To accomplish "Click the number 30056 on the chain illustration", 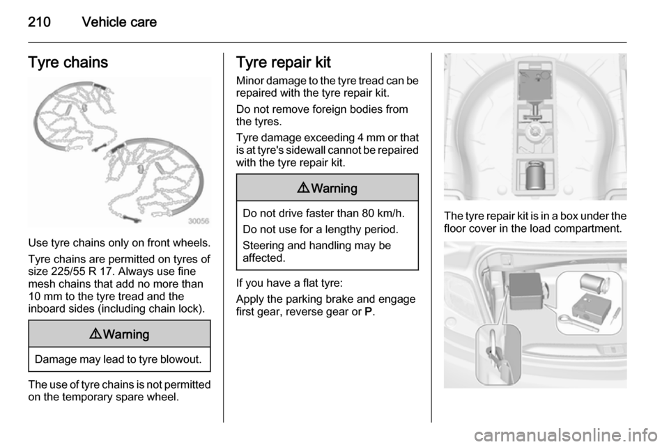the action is [199, 221].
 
